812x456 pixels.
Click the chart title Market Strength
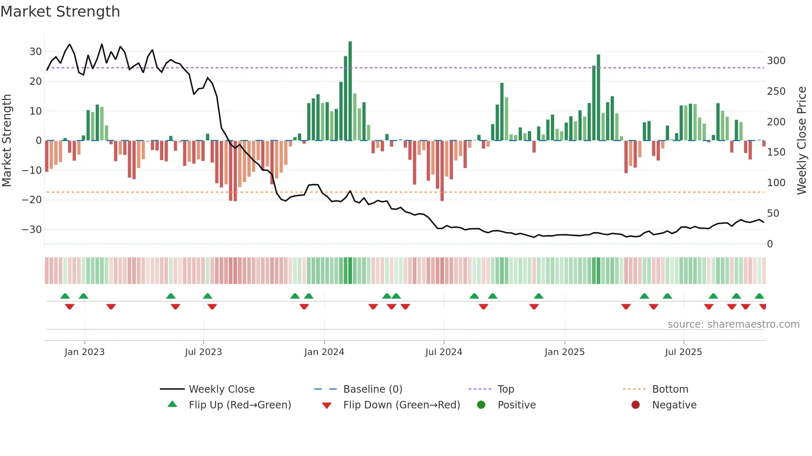point(60,12)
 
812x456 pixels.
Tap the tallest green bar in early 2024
point(350,91)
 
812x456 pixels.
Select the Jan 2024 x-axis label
point(324,352)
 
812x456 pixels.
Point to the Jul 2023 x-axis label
point(203,352)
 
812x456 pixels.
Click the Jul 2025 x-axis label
point(684,352)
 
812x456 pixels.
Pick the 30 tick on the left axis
point(36,52)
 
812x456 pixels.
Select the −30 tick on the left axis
point(32,230)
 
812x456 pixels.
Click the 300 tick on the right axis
point(776,61)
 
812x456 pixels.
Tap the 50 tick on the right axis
point(773,214)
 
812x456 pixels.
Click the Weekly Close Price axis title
point(802,141)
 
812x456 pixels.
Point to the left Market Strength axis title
point(7,141)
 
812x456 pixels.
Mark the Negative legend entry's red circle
point(636,405)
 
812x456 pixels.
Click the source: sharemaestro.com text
point(733,324)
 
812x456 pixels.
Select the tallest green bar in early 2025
point(598,97)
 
